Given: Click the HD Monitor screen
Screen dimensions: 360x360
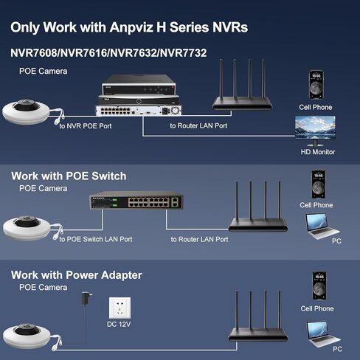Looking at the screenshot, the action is (315, 128).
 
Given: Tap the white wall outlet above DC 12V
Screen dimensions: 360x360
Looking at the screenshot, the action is (120, 308).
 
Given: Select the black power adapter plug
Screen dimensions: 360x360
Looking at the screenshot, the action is (86, 299).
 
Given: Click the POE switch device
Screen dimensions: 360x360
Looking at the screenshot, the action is (136, 201).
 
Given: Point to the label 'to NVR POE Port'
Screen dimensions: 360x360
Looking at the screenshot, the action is (86, 126).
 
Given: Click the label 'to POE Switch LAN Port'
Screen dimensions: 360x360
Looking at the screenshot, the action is (96, 239).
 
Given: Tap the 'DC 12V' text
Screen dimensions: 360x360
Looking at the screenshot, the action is (119, 324).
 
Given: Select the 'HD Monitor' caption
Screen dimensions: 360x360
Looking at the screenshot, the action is (318, 152).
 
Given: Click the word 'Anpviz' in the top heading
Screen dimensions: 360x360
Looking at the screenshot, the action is (131, 27).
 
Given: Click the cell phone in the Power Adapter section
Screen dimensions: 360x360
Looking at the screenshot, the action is (319, 285).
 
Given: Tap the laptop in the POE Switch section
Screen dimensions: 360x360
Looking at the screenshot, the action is (322, 226).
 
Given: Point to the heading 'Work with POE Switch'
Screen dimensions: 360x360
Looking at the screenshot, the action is (69, 176).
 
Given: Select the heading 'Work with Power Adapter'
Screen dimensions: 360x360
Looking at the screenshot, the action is (77, 275).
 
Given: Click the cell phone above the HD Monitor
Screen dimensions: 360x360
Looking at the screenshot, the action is (316, 85).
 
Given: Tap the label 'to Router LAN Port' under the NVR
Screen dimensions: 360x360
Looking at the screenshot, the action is (198, 125).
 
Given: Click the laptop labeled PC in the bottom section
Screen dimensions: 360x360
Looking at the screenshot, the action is (323, 333).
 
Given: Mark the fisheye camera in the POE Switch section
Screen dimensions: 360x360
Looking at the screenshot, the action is (27, 228).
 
